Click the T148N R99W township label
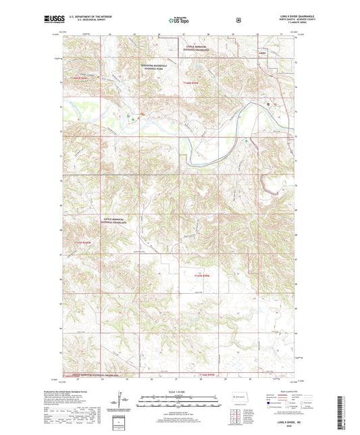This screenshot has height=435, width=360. point(194,83)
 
